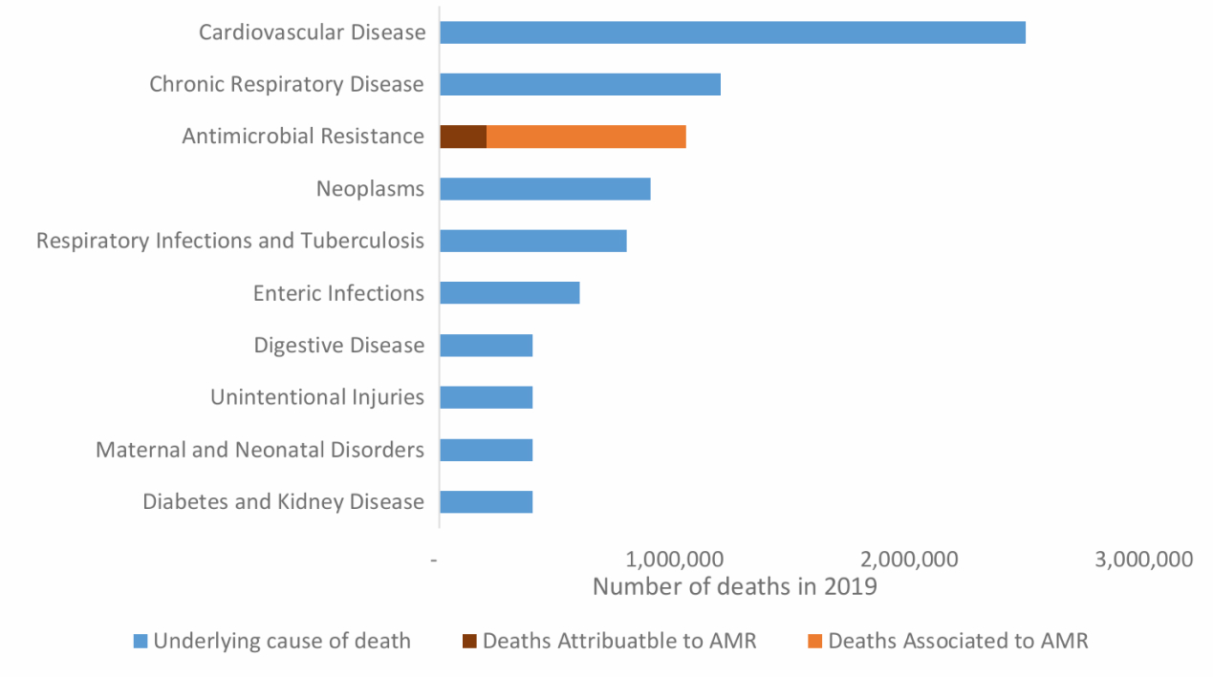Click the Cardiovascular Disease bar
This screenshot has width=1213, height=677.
pyautogui.click(x=732, y=32)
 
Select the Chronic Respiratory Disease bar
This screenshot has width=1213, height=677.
pyautogui.click(x=580, y=84)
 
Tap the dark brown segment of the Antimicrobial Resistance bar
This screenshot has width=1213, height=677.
pyautogui.click(x=464, y=137)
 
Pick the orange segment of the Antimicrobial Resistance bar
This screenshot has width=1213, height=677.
pyautogui.click(x=586, y=137)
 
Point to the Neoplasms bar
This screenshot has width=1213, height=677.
pyautogui.click(x=545, y=189)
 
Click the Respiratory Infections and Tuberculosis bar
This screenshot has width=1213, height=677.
pyautogui.click(x=533, y=241)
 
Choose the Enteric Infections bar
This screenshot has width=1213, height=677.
pyautogui.click(x=509, y=293)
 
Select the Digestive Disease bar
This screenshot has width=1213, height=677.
pyautogui.click(x=486, y=345)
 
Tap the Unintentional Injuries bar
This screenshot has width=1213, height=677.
pyautogui.click(x=486, y=397)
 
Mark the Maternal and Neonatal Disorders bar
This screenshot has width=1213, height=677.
pyautogui.click(x=486, y=449)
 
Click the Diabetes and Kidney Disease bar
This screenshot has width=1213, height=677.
pyautogui.click(x=486, y=501)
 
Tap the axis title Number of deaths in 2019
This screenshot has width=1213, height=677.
pyautogui.click(x=734, y=586)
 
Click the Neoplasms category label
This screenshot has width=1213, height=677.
pyautogui.click(x=370, y=189)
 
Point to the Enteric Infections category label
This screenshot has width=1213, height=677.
pyautogui.click(x=338, y=293)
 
